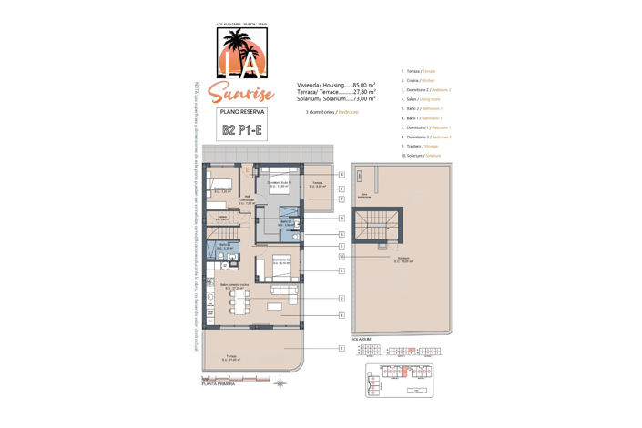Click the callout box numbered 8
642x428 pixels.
coord(341,174)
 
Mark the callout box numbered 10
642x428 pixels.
coord(341,257)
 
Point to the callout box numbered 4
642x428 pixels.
coord(341,315)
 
